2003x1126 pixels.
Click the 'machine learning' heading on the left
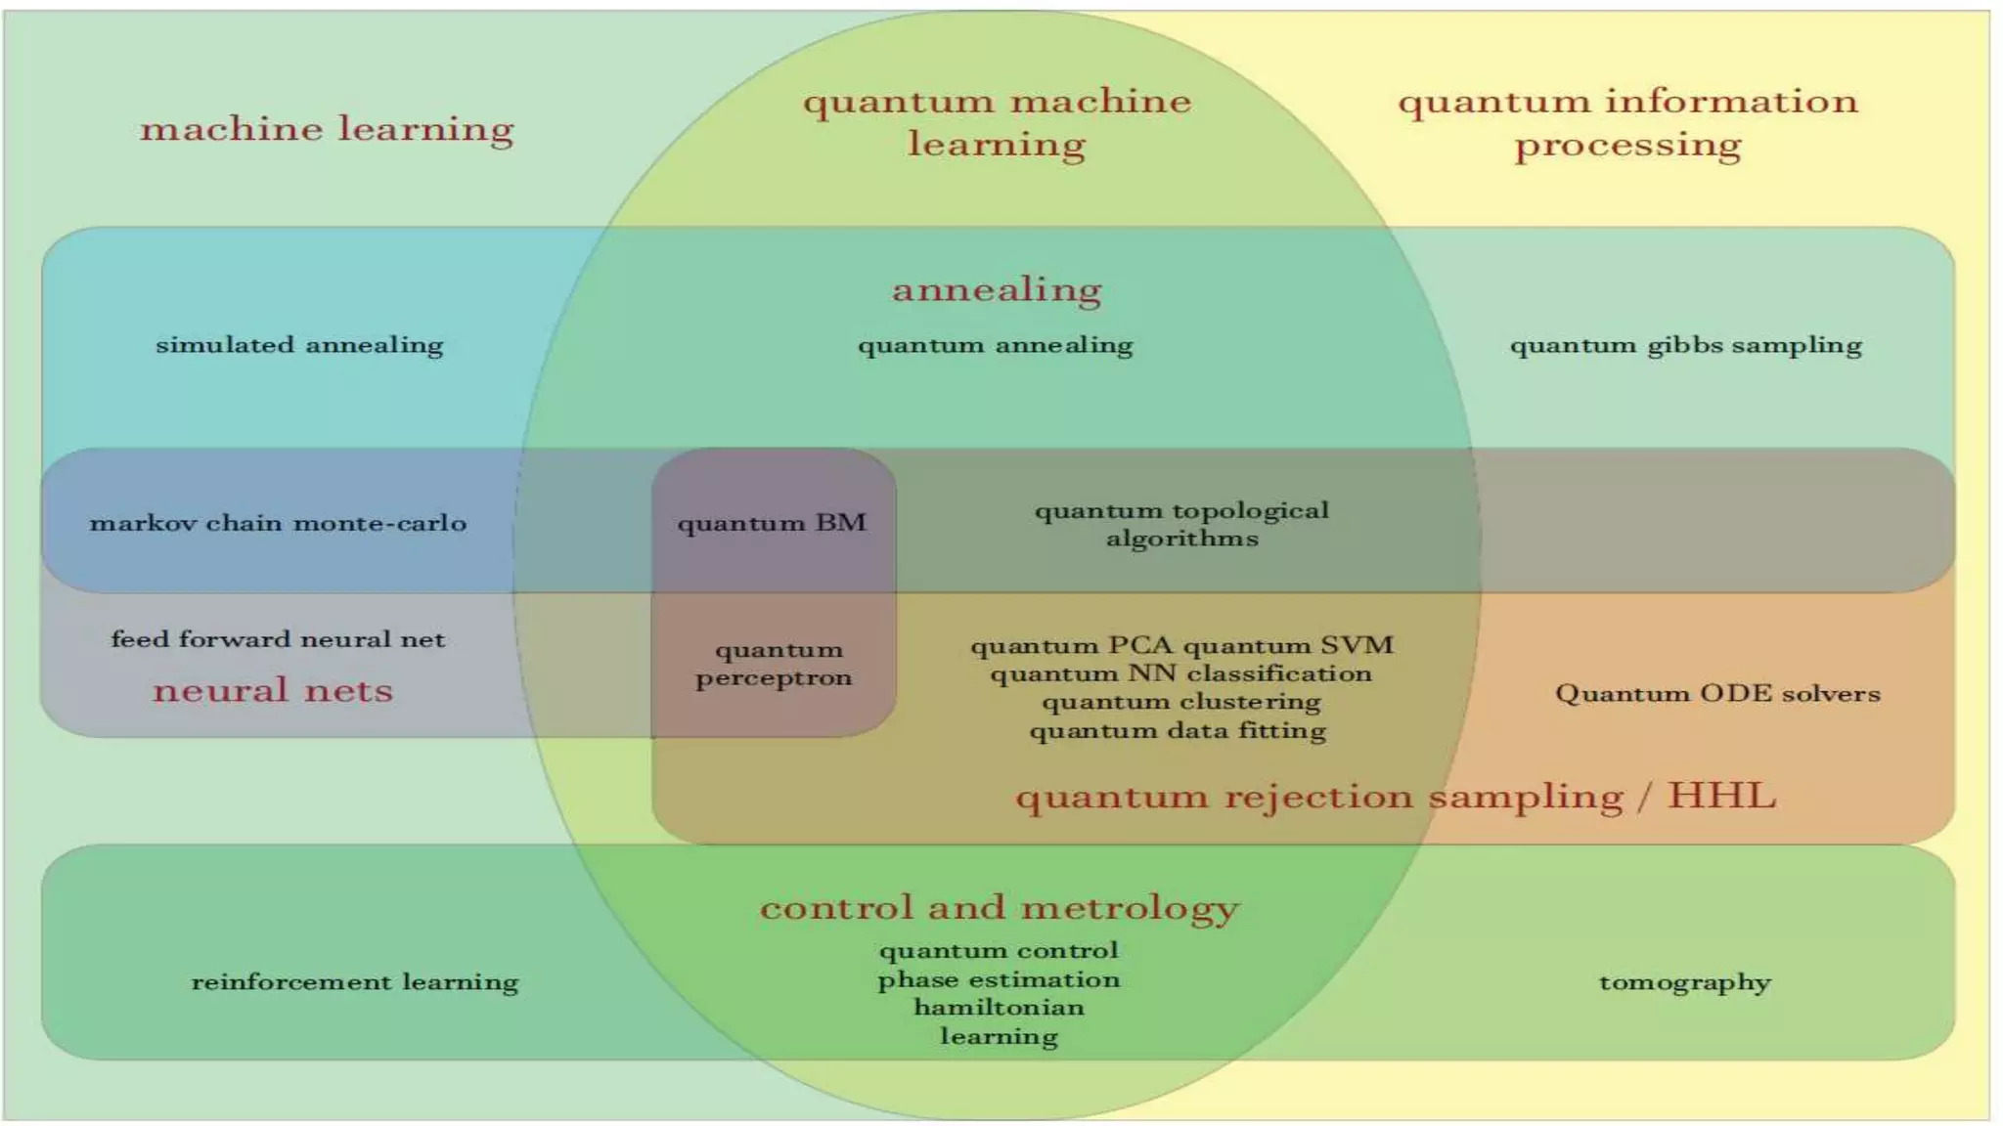click(327, 129)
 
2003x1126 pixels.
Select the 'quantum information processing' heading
click(1627, 123)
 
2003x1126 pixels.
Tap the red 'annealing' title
click(997, 289)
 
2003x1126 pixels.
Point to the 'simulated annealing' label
click(299, 345)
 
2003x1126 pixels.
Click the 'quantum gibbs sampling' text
click(1685, 345)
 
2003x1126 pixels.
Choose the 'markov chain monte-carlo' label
click(278, 523)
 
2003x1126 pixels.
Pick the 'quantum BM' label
click(772, 523)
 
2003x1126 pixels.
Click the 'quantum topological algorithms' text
click(1181, 524)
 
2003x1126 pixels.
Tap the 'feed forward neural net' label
click(278, 639)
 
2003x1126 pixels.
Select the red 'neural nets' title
click(273, 690)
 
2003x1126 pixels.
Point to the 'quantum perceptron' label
click(774, 664)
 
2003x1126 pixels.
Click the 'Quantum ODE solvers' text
click(1717, 693)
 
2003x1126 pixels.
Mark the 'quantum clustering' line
click(1180, 702)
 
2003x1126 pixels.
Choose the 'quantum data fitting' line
click(1178, 730)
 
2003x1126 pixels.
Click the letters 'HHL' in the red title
click(1721, 796)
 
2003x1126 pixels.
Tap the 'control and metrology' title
click(999, 907)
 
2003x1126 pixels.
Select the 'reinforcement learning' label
click(354, 981)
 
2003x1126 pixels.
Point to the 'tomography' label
click(1684, 981)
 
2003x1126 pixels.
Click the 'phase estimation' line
click(999, 979)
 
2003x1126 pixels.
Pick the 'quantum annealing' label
click(995, 345)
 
